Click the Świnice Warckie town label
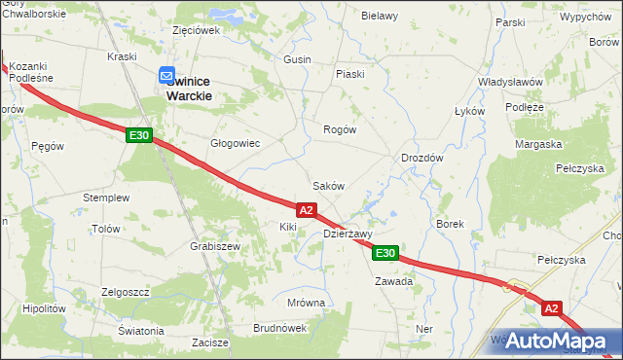click(x=203, y=89)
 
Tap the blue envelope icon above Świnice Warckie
click(x=166, y=74)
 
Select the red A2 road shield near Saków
click(x=306, y=209)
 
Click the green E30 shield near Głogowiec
click(x=138, y=135)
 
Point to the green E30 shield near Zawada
click(x=385, y=253)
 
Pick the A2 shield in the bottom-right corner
click(x=553, y=307)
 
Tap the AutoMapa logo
click(x=560, y=341)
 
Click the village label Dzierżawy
click(x=348, y=234)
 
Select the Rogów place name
click(x=340, y=129)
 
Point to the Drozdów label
click(x=422, y=158)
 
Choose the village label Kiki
click(x=287, y=227)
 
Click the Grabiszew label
click(x=215, y=246)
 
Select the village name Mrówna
click(x=306, y=303)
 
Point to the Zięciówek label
click(x=196, y=30)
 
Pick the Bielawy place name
click(x=380, y=16)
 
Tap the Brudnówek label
click(x=279, y=328)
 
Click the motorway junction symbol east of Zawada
click(x=512, y=287)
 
